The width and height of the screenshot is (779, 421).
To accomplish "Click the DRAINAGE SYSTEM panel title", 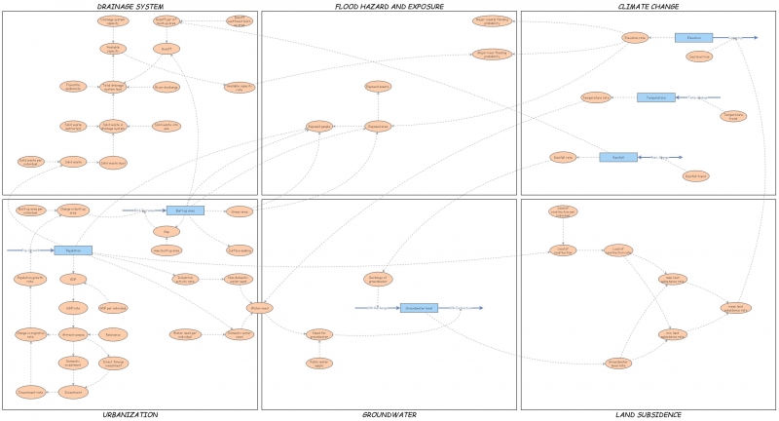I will [130, 6].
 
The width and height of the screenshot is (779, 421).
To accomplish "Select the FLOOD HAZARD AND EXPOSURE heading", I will [389, 6].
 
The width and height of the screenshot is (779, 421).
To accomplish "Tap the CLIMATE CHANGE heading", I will [649, 6].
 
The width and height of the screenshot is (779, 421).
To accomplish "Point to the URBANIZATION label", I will [130, 415].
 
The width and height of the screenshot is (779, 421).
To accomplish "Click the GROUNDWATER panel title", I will [389, 415].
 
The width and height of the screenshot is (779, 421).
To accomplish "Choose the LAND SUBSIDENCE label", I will [649, 415].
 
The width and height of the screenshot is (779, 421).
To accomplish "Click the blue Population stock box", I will [73, 250].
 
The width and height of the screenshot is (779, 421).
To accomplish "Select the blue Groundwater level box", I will [419, 308].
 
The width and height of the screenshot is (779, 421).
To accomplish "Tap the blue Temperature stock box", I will [655, 97].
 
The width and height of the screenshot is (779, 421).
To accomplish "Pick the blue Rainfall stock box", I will [618, 157].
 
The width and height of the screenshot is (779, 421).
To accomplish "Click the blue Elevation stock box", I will [693, 38].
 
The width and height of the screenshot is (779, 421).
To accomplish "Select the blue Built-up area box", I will [185, 210].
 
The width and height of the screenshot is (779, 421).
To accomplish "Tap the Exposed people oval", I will [319, 127].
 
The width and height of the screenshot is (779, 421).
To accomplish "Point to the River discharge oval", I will [166, 87].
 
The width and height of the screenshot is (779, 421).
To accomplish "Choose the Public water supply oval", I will [318, 364].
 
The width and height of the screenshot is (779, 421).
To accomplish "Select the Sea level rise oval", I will [698, 57].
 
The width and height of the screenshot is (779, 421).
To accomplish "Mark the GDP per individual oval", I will [113, 308].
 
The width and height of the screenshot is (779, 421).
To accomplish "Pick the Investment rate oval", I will [74, 334].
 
